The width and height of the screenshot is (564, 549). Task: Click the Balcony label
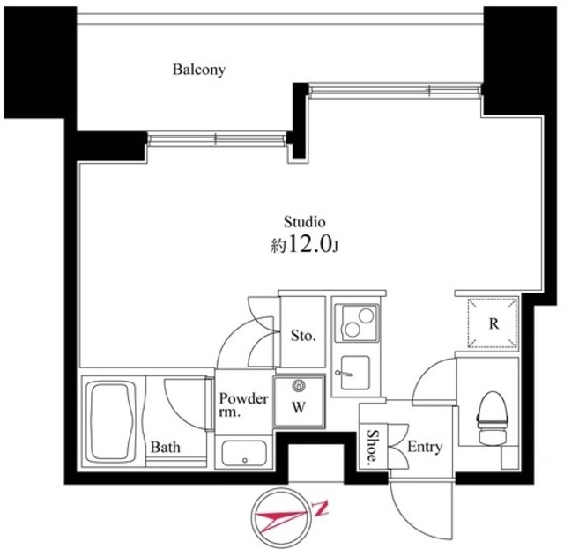pyautogui.click(x=198, y=69)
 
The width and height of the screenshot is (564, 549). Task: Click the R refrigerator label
pyautogui.click(x=493, y=323)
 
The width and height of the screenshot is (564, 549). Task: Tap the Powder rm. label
pyautogui.click(x=238, y=404)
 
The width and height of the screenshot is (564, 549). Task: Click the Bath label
pyautogui.click(x=164, y=447)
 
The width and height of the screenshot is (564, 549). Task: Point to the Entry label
pyautogui.click(x=424, y=448)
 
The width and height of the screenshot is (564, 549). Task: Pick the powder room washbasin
pyautogui.click(x=244, y=453)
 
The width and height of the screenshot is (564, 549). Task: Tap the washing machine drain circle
pyautogui.click(x=298, y=385)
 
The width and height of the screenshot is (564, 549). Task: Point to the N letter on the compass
pyautogui.click(x=323, y=506)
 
